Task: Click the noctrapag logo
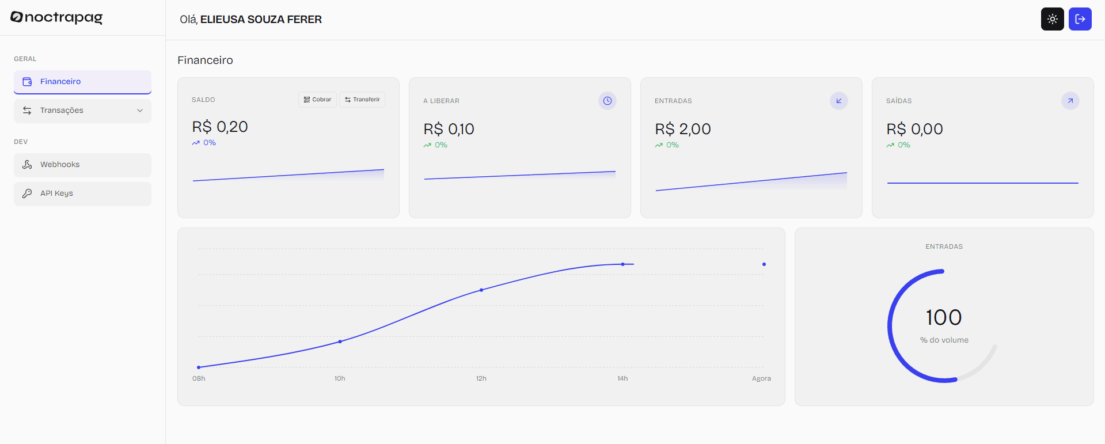pos(56,17)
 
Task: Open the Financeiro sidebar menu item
pos(82,82)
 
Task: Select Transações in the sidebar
pos(82,111)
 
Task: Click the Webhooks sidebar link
pos(82,165)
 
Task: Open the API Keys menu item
pos(82,193)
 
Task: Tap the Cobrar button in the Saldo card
pos(317,100)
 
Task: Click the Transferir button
pos(362,100)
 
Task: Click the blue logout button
pos(1080,19)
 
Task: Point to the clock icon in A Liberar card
pos(607,101)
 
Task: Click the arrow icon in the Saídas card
pos(1070,101)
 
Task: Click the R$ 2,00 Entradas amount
pos(683,129)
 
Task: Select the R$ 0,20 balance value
pos(220,127)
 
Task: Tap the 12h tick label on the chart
pos(481,378)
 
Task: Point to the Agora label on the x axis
pos(761,378)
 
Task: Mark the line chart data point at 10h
pos(340,341)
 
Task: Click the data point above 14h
pos(622,264)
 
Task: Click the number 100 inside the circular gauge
pos(944,317)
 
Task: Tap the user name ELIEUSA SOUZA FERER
pos(261,20)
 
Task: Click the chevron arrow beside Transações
pos(140,111)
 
